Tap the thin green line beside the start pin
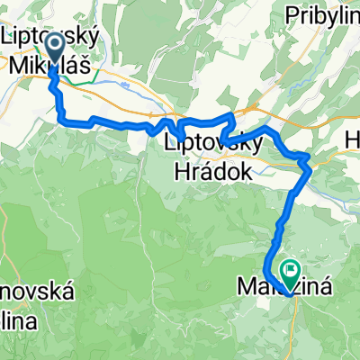(x=82, y=81)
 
